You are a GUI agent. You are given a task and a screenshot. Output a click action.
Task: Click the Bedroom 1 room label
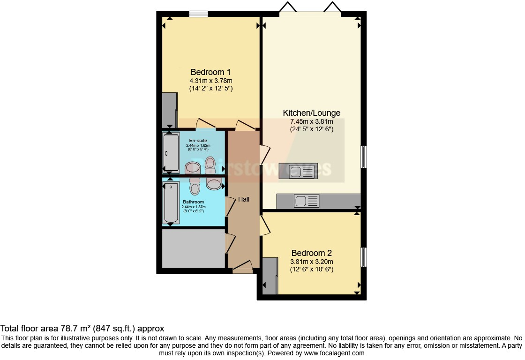pos(210,72)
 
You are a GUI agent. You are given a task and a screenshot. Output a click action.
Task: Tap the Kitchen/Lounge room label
pos(311,113)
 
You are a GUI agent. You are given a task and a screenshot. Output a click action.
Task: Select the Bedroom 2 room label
pos(312,253)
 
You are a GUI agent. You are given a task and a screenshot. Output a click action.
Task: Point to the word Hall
pos(244,199)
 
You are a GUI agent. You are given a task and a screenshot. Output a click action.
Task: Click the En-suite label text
pos(198,141)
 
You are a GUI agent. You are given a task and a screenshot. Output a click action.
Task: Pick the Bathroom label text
pos(194,202)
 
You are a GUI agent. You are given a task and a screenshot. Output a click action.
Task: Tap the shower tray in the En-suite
pos(171,152)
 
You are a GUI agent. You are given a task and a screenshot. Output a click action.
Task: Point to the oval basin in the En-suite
pos(192,167)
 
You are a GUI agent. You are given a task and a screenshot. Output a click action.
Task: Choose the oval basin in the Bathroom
pos(214,184)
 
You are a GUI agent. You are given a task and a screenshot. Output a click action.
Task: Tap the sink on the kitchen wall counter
pos(307,202)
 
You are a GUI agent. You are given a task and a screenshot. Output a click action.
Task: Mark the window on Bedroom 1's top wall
pos(198,14)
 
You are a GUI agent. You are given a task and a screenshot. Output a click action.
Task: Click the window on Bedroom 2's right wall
pos(363,257)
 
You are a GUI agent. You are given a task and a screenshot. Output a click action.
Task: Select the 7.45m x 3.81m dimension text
pos(311,121)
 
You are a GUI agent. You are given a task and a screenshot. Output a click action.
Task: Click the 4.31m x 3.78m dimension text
pos(210,80)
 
